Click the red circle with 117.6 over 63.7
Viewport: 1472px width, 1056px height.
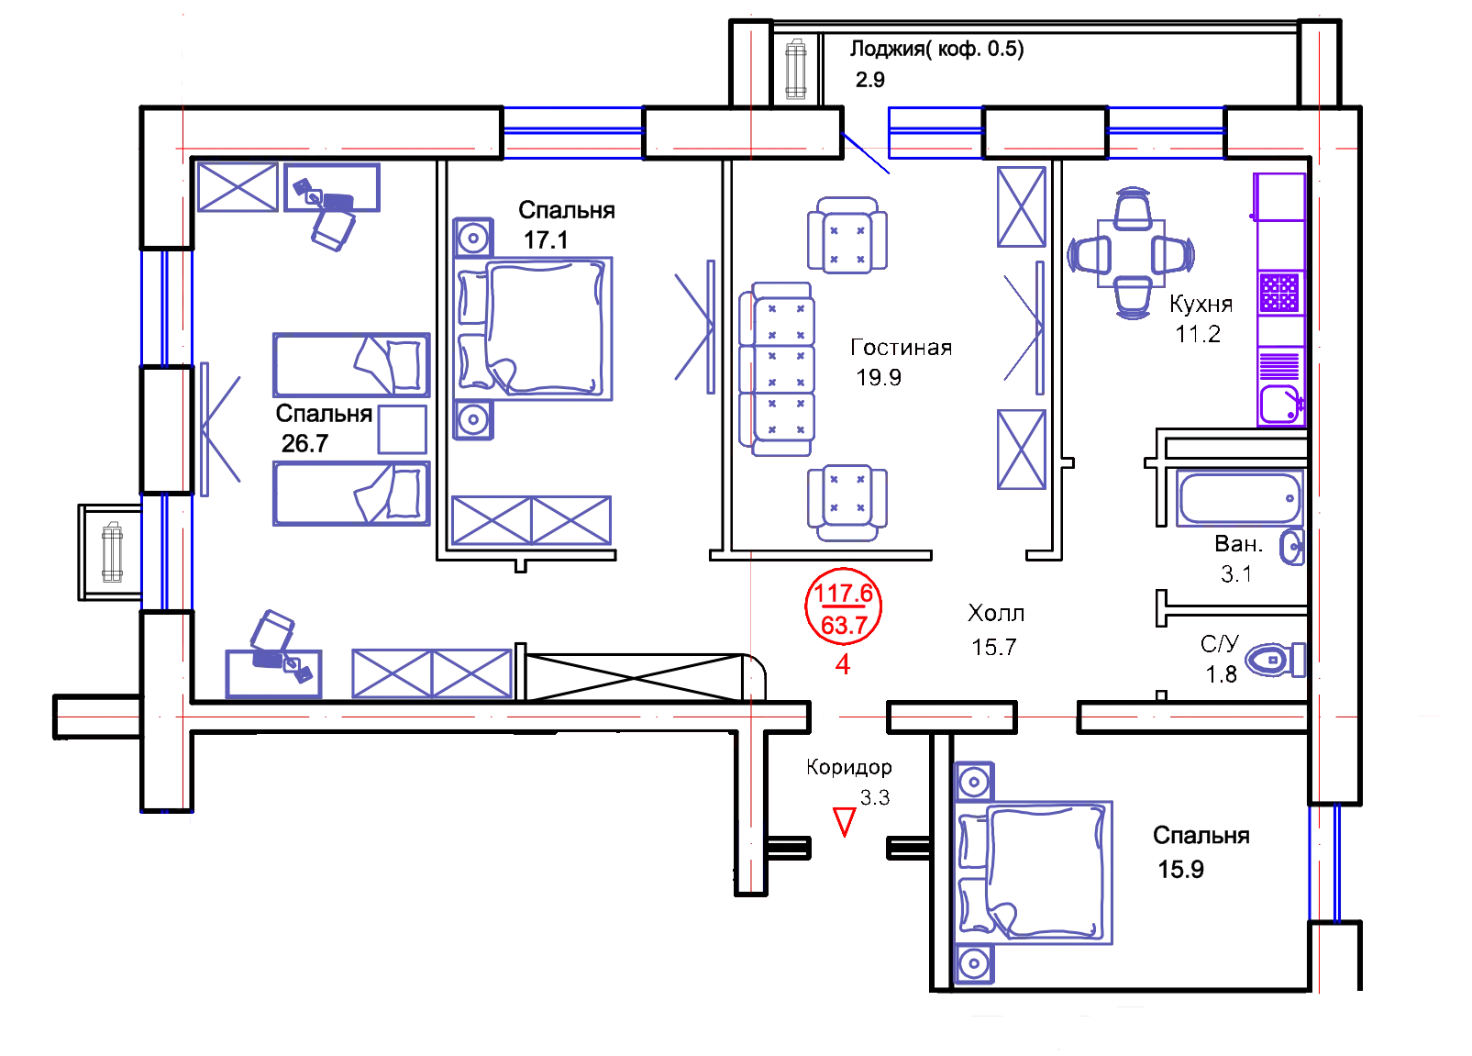[842, 606]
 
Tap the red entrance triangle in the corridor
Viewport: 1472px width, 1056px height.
[844, 819]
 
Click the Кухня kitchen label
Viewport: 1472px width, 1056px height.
[1200, 305]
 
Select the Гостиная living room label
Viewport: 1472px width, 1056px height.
[902, 349]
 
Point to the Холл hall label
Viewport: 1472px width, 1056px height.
[995, 612]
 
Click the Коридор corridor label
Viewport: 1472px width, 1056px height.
[849, 767]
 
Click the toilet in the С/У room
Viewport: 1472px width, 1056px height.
[1278, 660]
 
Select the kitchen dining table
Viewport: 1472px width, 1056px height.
[1131, 253]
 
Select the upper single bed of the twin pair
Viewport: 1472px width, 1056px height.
[351, 365]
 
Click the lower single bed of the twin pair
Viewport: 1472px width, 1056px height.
[351, 493]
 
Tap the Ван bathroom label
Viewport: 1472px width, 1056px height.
[1235, 545]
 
